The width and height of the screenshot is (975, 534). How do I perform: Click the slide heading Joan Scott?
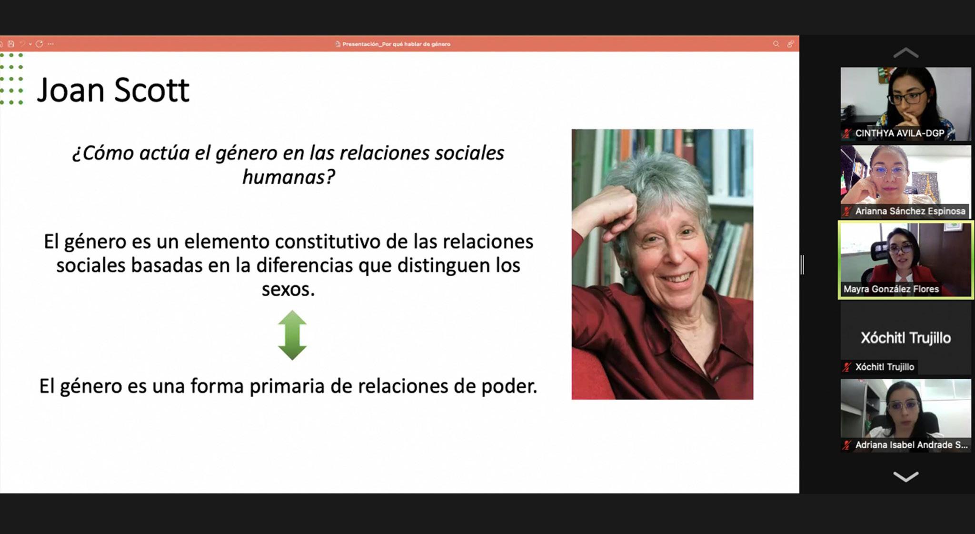(113, 90)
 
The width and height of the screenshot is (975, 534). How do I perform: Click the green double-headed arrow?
(292, 335)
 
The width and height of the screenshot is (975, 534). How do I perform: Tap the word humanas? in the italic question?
(289, 177)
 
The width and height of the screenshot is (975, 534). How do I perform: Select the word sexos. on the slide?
(289, 289)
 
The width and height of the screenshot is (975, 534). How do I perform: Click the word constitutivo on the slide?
(328, 242)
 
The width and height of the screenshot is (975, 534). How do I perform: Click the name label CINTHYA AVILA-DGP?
(899, 133)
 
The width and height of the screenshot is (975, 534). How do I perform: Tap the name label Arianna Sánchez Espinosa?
(910, 211)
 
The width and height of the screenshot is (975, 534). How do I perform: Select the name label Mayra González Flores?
(891, 289)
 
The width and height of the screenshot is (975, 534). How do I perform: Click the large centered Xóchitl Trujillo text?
(905, 338)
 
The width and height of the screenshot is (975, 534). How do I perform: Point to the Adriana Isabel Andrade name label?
(911, 445)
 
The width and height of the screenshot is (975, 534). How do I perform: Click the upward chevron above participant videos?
(905, 52)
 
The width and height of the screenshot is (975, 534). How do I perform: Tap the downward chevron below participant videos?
(905, 476)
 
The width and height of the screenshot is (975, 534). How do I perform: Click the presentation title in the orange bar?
(396, 44)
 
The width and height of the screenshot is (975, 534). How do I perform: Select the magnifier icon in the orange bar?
(776, 44)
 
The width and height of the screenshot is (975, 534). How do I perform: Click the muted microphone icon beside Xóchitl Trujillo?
(846, 367)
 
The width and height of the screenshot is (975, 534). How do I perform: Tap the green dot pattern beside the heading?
(11, 79)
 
